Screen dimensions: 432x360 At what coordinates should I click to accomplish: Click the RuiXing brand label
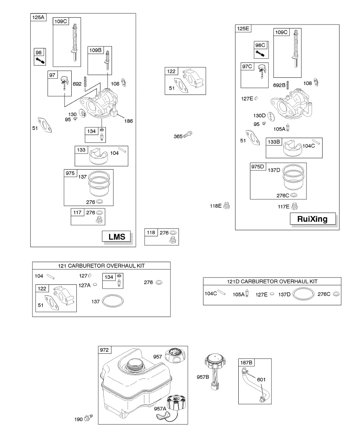coord(312,219)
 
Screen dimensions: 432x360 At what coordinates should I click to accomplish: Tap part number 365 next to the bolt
coord(178,136)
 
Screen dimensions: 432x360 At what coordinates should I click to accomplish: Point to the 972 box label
coord(105,350)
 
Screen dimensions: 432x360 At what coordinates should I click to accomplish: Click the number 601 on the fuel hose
coord(262,379)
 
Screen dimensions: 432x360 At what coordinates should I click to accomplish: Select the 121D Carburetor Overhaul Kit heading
coord(272,281)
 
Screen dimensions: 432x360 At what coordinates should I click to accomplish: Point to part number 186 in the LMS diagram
coord(128,121)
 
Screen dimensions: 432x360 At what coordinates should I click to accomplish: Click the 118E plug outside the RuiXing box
coord(227,206)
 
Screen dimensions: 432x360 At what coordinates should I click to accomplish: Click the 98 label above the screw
coord(39,53)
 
